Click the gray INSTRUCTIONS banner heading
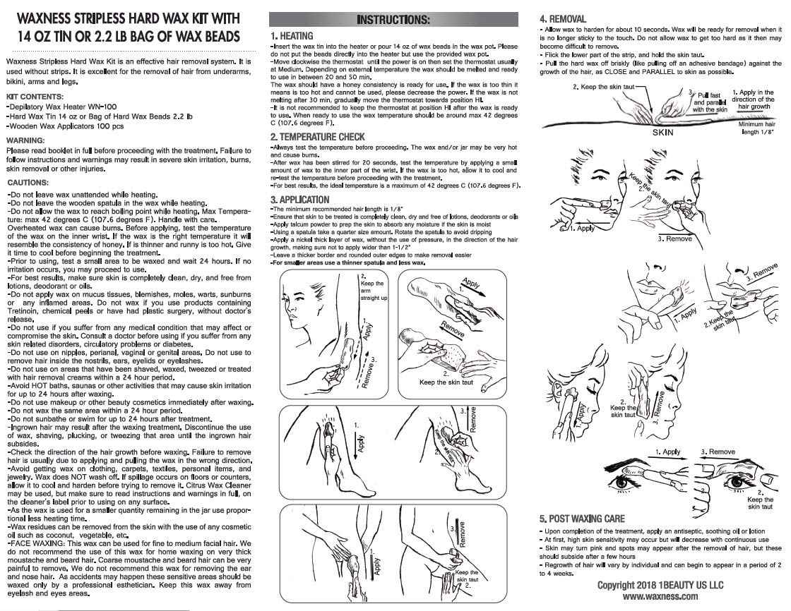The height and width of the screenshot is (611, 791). pos(393,20)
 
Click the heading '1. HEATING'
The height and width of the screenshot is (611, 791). pos(292,36)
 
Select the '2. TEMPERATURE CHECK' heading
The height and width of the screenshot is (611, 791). pos(317,137)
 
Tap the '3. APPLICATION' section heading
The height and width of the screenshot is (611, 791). pos(299,200)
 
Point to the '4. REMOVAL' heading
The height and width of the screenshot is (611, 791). pos(563,19)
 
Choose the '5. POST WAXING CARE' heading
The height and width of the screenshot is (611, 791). pos(582,519)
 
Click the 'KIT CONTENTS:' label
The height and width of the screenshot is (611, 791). pos(35,97)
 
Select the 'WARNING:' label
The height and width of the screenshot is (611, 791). pos(25,140)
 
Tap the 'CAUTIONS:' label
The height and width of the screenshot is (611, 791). pos(28,183)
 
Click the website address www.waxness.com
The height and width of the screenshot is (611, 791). pos(660,596)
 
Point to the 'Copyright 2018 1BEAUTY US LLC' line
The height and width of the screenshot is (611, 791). pos(660,585)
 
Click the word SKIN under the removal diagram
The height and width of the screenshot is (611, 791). pos(663,133)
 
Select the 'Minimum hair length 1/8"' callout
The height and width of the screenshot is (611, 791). pos(756,128)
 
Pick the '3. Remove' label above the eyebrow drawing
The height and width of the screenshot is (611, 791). pos(718,452)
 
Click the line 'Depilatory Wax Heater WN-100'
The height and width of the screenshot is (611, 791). pos(61,107)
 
